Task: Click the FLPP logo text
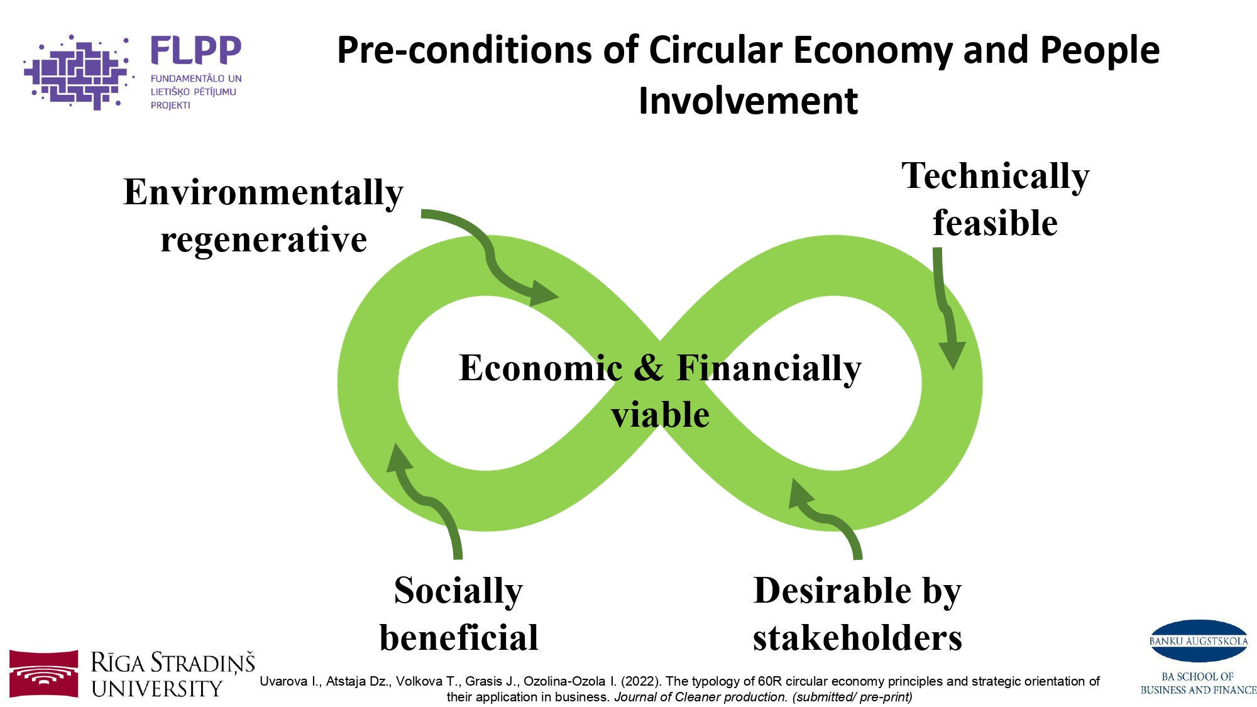tap(196, 50)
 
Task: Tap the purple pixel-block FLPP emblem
tap(79, 72)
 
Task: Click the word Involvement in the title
tap(748, 101)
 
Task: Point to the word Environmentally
tap(263, 192)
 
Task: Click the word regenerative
tap(264, 240)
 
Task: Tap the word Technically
tap(996, 176)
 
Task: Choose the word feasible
tap(996, 223)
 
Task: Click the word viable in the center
tap(661, 415)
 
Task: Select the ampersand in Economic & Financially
tap(649, 368)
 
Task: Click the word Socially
tap(458, 591)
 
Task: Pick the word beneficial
tap(459, 638)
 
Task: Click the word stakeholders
tap(857, 638)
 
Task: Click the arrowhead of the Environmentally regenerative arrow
tap(542, 293)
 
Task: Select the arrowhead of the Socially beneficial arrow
tap(398, 458)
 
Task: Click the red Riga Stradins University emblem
tap(44, 674)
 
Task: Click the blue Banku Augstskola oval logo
tap(1199, 641)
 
